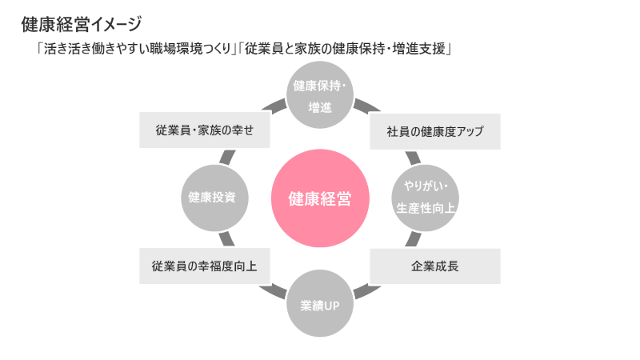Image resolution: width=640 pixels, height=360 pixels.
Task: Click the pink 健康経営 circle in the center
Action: click(319, 198)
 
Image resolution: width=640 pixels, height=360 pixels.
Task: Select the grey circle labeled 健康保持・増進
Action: click(319, 96)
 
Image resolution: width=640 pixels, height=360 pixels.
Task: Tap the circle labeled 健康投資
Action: click(212, 198)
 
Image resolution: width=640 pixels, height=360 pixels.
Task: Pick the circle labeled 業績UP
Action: click(319, 305)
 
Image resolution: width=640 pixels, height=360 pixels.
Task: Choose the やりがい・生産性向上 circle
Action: click(425, 198)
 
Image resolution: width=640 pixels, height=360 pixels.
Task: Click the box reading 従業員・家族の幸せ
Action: click(204, 131)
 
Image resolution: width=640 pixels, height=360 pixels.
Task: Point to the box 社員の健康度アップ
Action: click(435, 132)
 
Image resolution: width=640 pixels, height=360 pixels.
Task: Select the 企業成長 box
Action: click(435, 266)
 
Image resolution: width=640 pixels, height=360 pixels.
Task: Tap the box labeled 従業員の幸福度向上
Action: click(204, 266)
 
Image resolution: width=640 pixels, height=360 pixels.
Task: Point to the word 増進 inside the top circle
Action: click(319, 106)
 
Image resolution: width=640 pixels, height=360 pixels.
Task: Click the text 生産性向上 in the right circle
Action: click(426, 208)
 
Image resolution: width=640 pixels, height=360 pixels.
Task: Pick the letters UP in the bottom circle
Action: click(332, 306)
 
